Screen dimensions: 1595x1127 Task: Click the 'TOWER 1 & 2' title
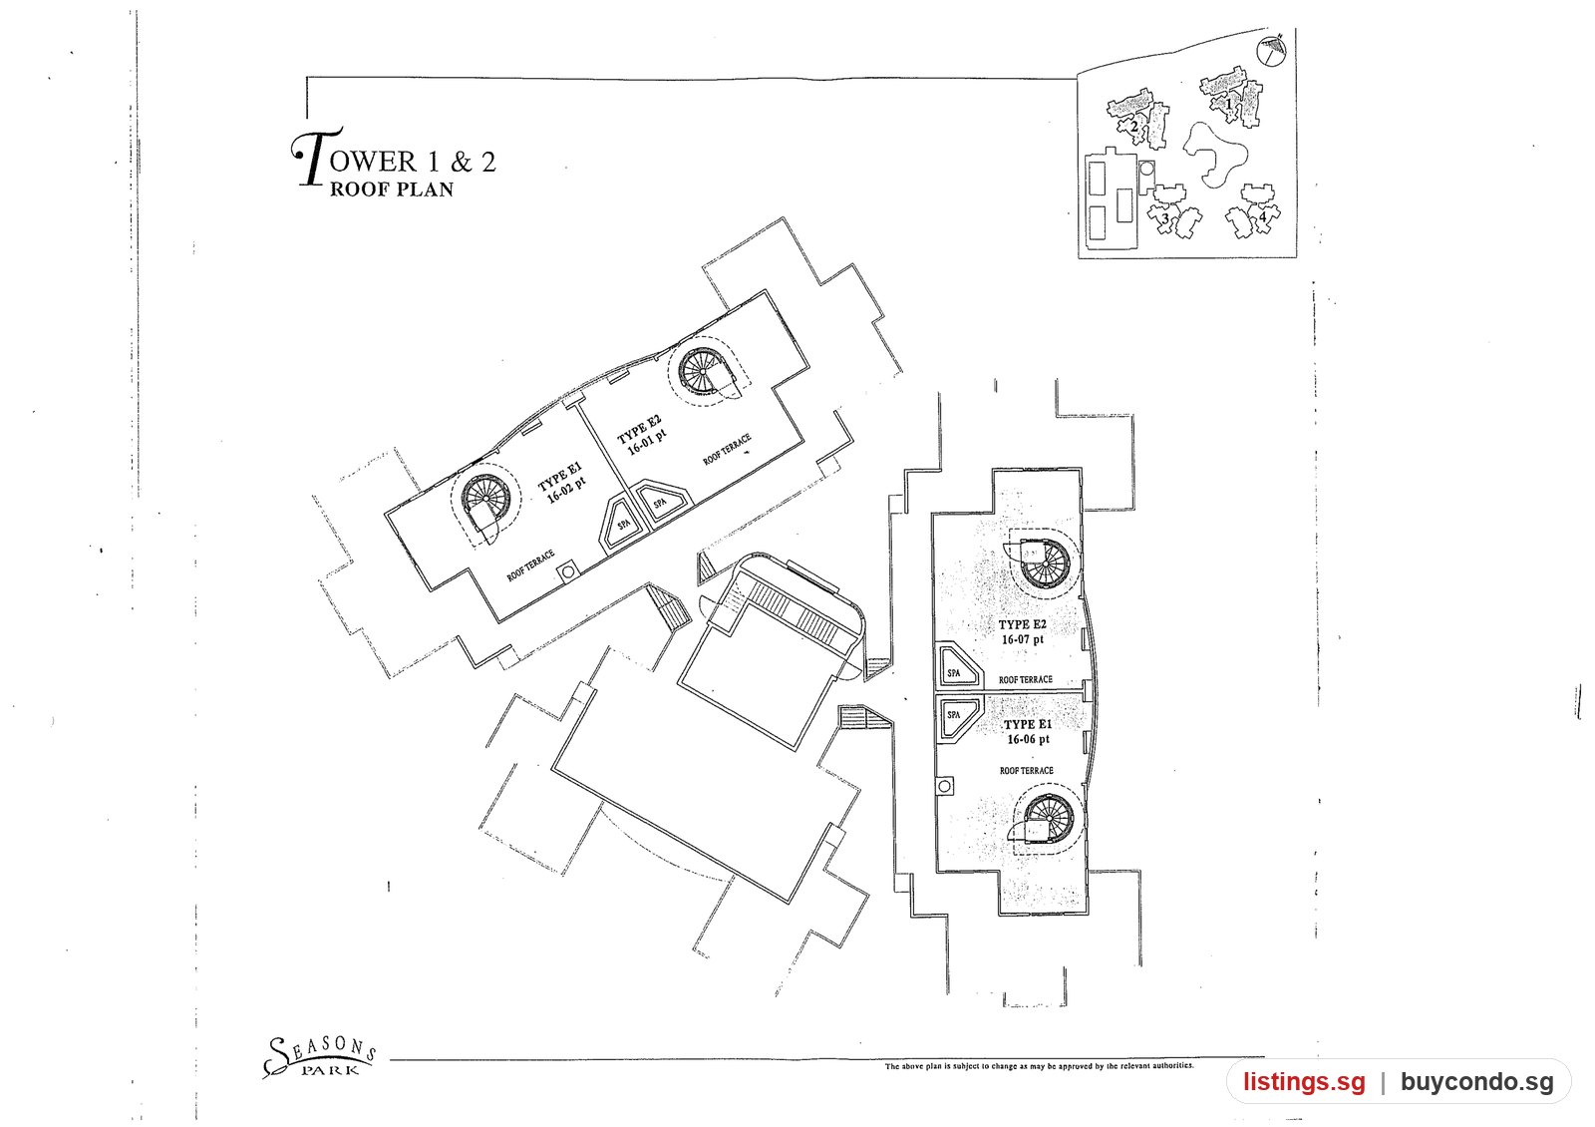393,158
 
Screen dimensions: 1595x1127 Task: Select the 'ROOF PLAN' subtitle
392,189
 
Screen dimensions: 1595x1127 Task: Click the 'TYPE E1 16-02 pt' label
562,483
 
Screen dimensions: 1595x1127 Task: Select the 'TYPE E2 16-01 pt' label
642,435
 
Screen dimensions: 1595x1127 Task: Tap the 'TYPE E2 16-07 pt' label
1023,632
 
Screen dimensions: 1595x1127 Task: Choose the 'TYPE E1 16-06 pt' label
1028,732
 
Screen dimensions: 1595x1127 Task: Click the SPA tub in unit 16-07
958,667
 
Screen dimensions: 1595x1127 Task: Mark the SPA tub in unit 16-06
959,719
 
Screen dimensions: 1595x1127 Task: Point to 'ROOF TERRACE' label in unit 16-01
727,450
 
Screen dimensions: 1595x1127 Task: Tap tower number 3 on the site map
1165,218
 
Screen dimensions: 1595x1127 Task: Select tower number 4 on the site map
1262,215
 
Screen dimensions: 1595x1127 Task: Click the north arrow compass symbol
1272,49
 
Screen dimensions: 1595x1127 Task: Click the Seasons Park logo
319,1056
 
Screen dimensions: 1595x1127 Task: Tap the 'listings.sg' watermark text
1305,1082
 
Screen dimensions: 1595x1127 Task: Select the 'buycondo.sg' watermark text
1476,1082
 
